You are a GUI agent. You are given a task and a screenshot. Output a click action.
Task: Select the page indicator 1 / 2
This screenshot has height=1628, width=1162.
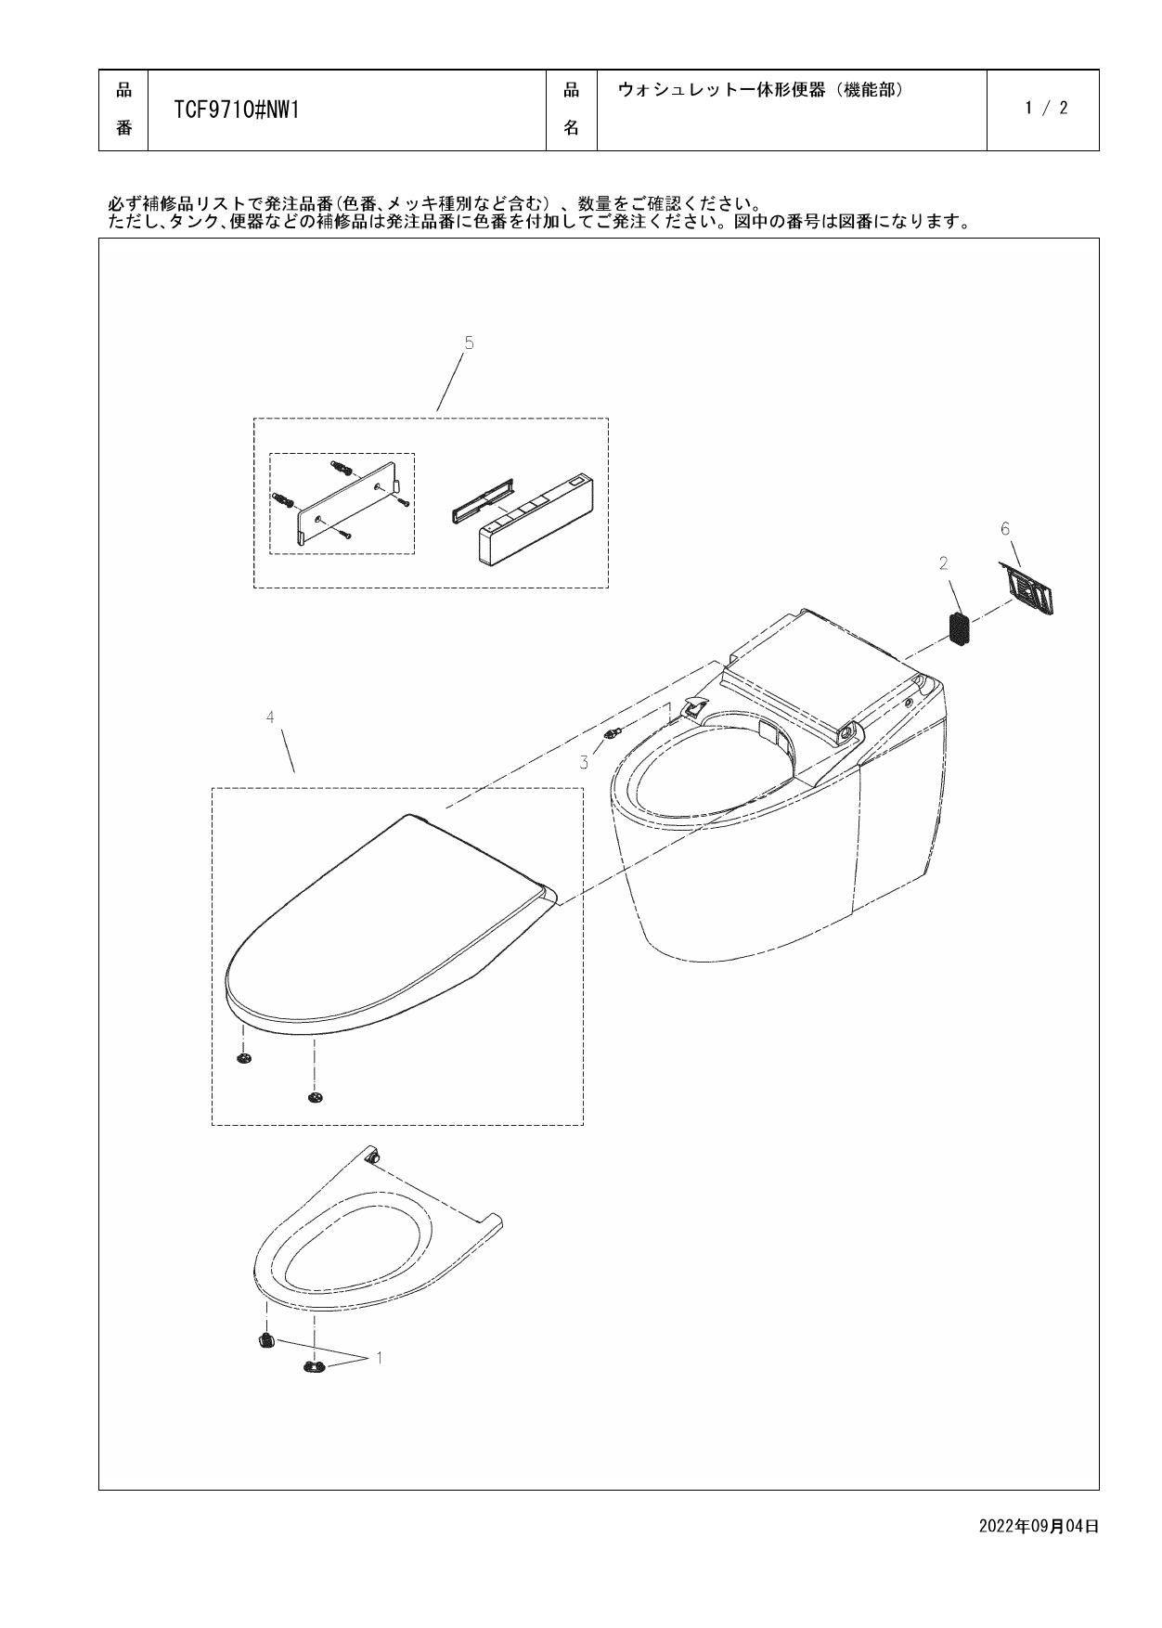(x=1046, y=108)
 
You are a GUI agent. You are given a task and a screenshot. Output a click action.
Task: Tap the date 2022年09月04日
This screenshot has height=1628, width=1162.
(x=1039, y=1526)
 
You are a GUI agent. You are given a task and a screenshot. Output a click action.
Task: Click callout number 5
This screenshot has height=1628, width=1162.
(x=469, y=343)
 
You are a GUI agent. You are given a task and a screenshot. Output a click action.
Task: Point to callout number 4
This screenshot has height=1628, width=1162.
(x=270, y=717)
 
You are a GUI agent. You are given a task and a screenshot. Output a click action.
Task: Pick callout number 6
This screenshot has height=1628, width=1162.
(x=1005, y=528)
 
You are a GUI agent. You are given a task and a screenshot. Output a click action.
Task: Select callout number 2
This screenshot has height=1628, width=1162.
(x=943, y=563)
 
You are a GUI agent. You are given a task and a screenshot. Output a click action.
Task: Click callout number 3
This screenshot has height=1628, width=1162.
(x=584, y=763)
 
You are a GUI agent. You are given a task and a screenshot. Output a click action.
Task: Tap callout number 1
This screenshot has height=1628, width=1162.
(x=378, y=1358)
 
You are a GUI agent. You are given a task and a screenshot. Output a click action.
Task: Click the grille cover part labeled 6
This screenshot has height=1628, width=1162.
(x=1031, y=588)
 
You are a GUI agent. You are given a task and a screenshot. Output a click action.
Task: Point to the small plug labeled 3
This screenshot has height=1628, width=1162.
(x=610, y=733)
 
